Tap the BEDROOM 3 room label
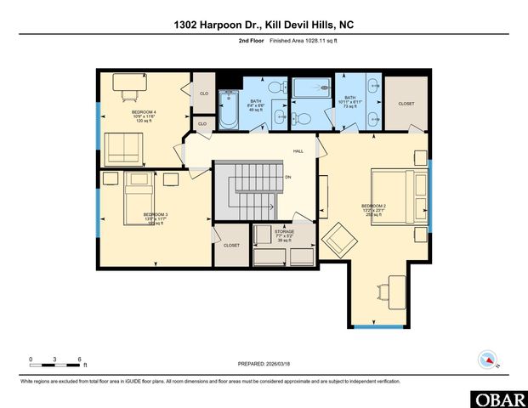(155, 213)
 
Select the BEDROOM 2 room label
(373, 207)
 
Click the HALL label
(298, 151)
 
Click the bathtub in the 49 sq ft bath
(229, 114)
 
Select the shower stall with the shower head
(311, 88)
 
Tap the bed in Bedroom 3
(139, 198)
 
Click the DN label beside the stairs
(288, 177)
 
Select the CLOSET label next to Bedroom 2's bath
(406, 104)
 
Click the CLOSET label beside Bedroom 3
(231, 245)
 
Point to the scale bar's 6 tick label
(79, 359)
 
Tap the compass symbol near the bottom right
(488, 360)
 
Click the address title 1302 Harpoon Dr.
(263, 25)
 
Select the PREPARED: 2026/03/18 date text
(264, 363)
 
